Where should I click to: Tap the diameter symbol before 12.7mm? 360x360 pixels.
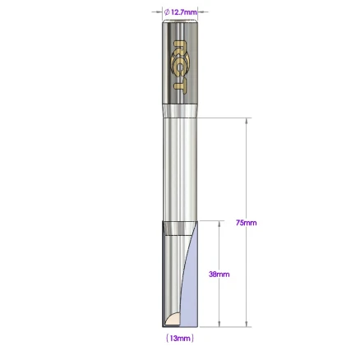167,12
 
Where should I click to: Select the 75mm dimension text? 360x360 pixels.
246,222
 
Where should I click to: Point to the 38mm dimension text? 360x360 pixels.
219,275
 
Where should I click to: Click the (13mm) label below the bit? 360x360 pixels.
179,337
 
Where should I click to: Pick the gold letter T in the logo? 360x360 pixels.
180,81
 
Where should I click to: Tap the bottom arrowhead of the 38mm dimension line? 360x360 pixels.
219,325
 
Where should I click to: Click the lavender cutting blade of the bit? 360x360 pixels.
192,288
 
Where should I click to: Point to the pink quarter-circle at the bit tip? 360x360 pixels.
174,319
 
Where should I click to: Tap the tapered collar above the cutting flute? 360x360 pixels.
179,228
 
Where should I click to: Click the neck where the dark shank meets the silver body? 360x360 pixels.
179,108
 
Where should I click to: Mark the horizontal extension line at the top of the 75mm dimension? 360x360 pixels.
222,116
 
